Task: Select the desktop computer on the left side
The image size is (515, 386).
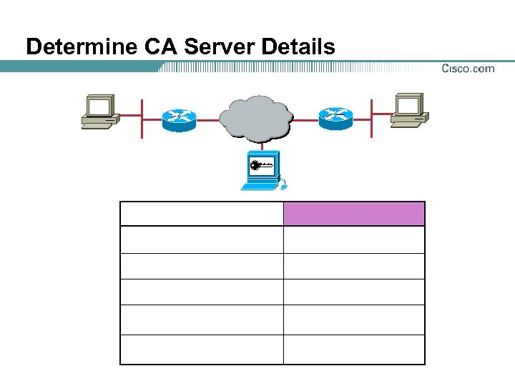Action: click(x=97, y=112)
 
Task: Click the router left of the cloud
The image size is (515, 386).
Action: click(x=179, y=119)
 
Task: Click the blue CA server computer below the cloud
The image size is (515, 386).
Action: click(x=262, y=172)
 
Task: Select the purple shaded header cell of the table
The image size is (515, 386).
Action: click(x=354, y=214)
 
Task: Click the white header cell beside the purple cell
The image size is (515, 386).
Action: click(x=202, y=214)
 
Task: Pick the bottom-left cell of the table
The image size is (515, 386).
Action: click(x=202, y=350)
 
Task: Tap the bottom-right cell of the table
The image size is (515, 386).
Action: click(x=354, y=350)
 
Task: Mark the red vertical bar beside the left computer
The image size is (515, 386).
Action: click(x=142, y=118)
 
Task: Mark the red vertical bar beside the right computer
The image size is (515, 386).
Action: click(x=371, y=118)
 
